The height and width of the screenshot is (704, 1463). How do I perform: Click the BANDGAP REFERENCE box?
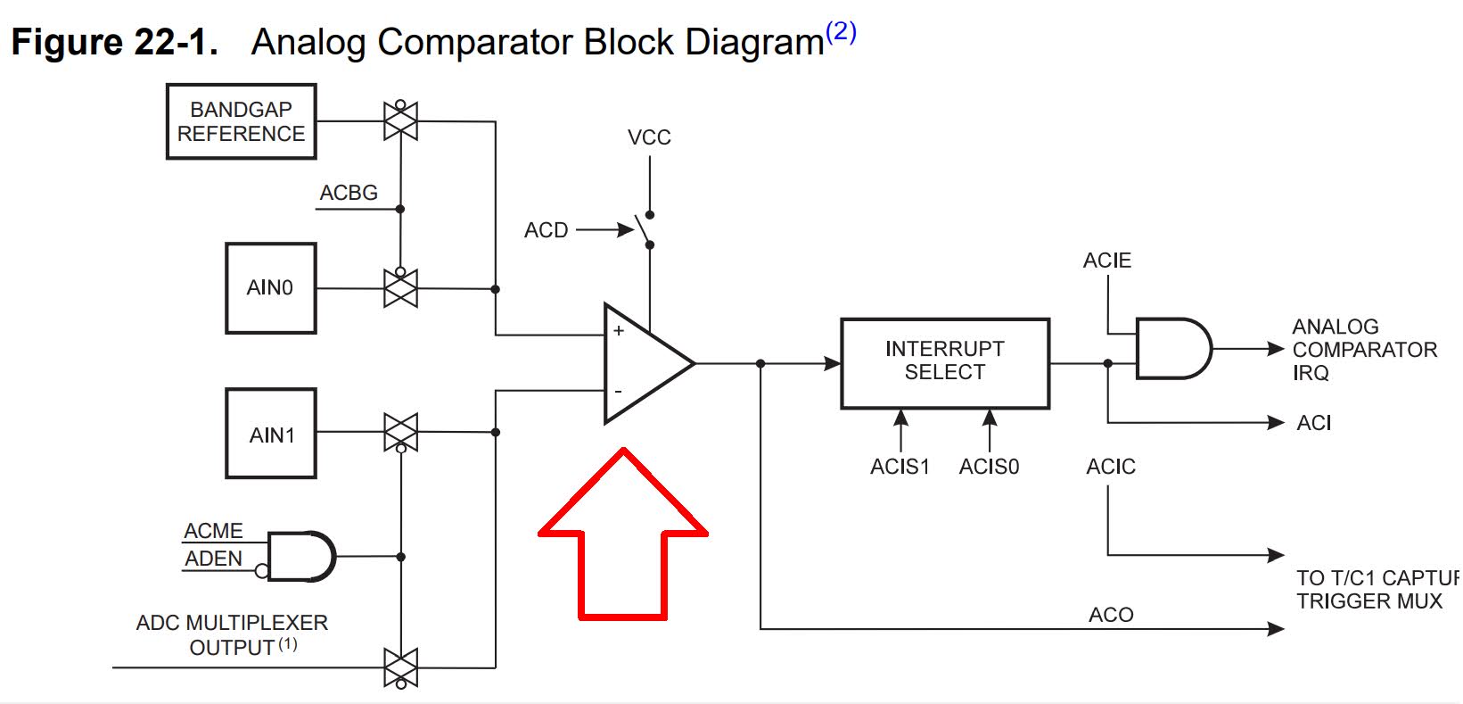[241, 121]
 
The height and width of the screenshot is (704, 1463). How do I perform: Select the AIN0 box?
[270, 288]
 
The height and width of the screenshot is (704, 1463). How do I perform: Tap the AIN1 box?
[270, 434]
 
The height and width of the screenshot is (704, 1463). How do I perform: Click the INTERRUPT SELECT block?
[944, 362]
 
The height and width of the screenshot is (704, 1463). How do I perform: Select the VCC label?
[648, 137]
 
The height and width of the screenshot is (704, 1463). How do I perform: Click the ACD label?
[546, 230]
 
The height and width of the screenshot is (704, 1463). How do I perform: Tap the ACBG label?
[349, 193]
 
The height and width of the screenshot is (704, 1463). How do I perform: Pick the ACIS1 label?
[900, 467]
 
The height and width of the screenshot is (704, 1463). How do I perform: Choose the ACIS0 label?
[989, 467]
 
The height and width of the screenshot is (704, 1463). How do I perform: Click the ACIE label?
[1106, 261]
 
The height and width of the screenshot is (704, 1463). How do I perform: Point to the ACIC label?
[1110, 467]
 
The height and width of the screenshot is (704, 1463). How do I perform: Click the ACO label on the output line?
[1110, 615]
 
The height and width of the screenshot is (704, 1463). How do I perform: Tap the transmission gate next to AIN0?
[400, 288]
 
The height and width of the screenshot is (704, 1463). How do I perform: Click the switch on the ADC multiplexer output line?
[400, 667]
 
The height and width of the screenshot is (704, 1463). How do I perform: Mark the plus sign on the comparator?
[618, 331]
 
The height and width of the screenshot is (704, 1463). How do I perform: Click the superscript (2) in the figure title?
[841, 33]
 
